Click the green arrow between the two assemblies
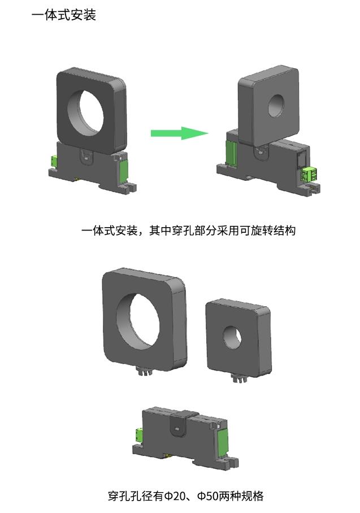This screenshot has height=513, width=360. (x=179, y=133)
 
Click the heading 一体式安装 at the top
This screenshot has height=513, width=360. (x=64, y=15)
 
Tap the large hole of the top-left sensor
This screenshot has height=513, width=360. (x=86, y=112)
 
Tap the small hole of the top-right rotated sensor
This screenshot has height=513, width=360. (x=276, y=106)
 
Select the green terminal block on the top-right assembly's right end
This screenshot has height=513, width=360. (x=309, y=173)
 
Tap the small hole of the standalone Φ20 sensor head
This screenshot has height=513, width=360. (x=232, y=337)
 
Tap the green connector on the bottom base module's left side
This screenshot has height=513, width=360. (x=138, y=436)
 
